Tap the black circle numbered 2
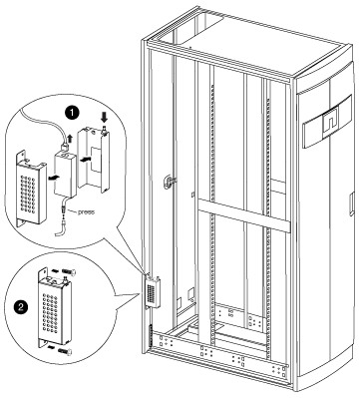(x=21, y=306)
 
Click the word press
(x=86, y=211)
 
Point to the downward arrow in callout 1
(x=104, y=117)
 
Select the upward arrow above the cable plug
(x=69, y=138)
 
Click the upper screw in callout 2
(x=69, y=271)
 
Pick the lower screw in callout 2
(x=65, y=350)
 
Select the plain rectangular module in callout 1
(x=66, y=174)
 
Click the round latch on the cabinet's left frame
(x=168, y=182)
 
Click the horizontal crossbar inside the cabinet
(x=242, y=214)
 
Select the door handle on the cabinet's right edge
(x=352, y=205)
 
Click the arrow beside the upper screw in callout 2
(x=55, y=271)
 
